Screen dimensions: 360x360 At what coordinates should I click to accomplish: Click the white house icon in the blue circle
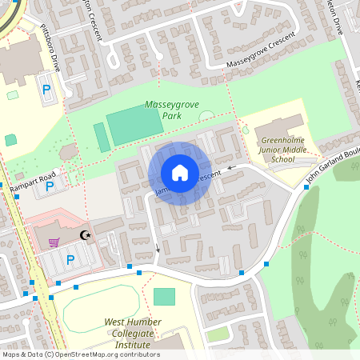click(180, 173)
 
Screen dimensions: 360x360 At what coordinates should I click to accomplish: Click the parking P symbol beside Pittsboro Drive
click(46, 90)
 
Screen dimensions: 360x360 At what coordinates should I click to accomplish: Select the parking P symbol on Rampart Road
click(50, 186)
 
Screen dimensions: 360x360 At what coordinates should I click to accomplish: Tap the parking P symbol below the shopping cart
click(70, 259)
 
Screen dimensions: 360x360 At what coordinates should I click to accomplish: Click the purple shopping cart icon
click(54, 242)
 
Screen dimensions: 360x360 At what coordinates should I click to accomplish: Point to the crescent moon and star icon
click(86, 236)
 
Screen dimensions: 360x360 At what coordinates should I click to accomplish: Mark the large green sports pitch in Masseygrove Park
click(135, 125)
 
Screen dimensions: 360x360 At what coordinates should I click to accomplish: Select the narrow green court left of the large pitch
click(102, 136)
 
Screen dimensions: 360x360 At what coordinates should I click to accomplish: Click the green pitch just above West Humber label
click(164, 297)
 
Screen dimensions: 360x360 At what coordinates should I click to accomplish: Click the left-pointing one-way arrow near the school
click(231, 168)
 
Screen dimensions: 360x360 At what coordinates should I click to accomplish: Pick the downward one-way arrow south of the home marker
click(158, 250)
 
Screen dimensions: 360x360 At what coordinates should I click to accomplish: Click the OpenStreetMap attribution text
click(80, 354)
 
